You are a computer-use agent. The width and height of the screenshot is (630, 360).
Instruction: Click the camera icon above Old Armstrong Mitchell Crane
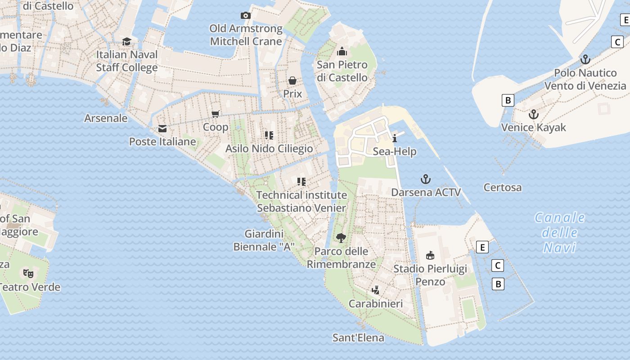[x=245, y=16]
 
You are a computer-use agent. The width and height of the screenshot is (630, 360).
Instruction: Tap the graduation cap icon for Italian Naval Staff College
[x=127, y=41]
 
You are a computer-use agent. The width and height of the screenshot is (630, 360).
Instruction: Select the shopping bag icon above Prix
[x=292, y=81]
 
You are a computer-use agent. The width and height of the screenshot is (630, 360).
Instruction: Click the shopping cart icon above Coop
[x=216, y=114]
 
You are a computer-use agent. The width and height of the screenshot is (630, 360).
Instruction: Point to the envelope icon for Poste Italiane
[x=162, y=129]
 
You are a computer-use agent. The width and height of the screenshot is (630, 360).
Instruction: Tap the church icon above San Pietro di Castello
[x=342, y=51]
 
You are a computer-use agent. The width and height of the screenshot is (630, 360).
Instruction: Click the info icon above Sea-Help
[x=395, y=138]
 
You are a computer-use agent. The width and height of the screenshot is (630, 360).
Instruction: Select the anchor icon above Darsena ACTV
[x=426, y=180]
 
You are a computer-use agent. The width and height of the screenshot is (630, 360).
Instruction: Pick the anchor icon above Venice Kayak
[x=534, y=114]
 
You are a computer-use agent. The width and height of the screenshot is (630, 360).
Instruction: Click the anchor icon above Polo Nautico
[x=585, y=59]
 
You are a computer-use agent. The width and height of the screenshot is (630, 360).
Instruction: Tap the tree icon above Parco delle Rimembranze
[x=341, y=238]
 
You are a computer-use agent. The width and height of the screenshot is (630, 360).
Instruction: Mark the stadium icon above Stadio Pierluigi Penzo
[x=430, y=256]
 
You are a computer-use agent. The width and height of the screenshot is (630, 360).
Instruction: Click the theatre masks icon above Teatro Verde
[x=28, y=273]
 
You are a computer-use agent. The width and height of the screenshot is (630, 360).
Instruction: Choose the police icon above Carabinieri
[x=376, y=290]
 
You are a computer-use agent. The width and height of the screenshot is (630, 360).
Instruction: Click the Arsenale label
[x=106, y=118]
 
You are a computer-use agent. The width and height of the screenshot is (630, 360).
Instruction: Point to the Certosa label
[x=503, y=188]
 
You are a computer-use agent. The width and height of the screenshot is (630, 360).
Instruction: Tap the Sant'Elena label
[x=358, y=338]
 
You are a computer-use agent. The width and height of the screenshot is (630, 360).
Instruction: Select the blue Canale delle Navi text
[x=560, y=233]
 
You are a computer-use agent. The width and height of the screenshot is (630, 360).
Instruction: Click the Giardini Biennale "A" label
[x=264, y=240]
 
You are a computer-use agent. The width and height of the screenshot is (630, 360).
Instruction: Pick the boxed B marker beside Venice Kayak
[x=508, y=100]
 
